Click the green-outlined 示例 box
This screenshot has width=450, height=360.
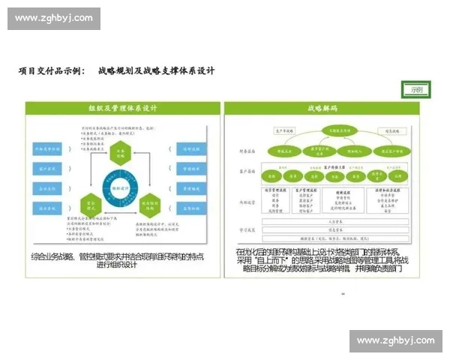pyautogui.click(x=415, y=90)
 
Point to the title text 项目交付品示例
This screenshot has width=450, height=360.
pyautogui.click(x=52, y=70)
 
